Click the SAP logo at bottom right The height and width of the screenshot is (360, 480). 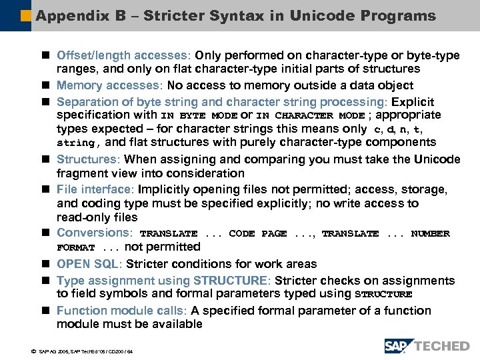398,345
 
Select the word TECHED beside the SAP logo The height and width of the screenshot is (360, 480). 441,345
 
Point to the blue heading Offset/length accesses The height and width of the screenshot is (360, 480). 122,55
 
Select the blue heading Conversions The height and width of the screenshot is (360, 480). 94,233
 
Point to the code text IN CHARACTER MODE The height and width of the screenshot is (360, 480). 311,115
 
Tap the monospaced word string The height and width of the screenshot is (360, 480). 76,143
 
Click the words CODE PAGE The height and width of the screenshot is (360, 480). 257,234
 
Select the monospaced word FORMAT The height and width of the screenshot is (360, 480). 75,248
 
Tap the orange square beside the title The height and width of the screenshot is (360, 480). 25,15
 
